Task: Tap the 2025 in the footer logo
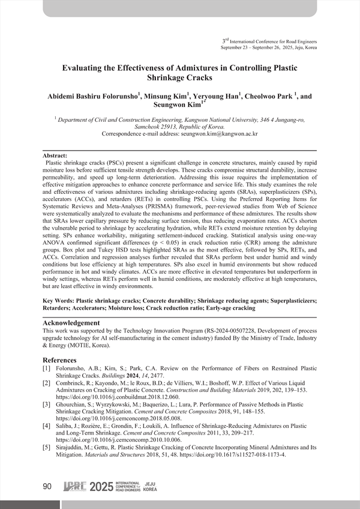point(101,487)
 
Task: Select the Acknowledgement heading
point(71,323)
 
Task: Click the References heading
point(64,360)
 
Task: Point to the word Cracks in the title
point(199,78)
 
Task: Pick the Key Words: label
point(62,299)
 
